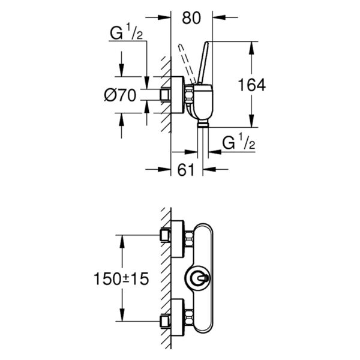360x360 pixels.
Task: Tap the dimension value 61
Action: [187, 170]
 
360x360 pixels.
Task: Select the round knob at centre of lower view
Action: [199, 278]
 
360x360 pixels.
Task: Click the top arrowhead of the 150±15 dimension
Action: [122, 238]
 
